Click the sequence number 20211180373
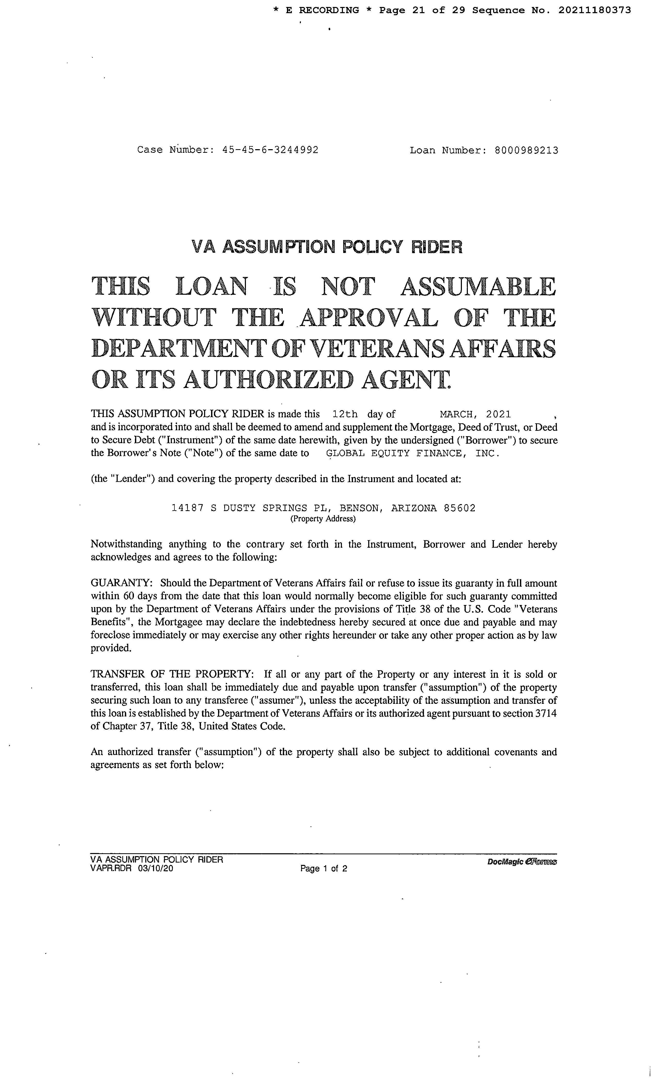[x=595, y=10]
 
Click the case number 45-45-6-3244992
[x=270, y=150]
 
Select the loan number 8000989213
[x=526, y=150]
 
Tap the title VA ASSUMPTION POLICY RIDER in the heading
[x=327, y=247]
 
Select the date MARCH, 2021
[x=475, y=414]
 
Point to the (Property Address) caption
[x=323, y=519]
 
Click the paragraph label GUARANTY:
[x=121, y=583]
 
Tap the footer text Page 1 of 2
[x=324, y=868]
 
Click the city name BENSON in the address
[x=359, y=508]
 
